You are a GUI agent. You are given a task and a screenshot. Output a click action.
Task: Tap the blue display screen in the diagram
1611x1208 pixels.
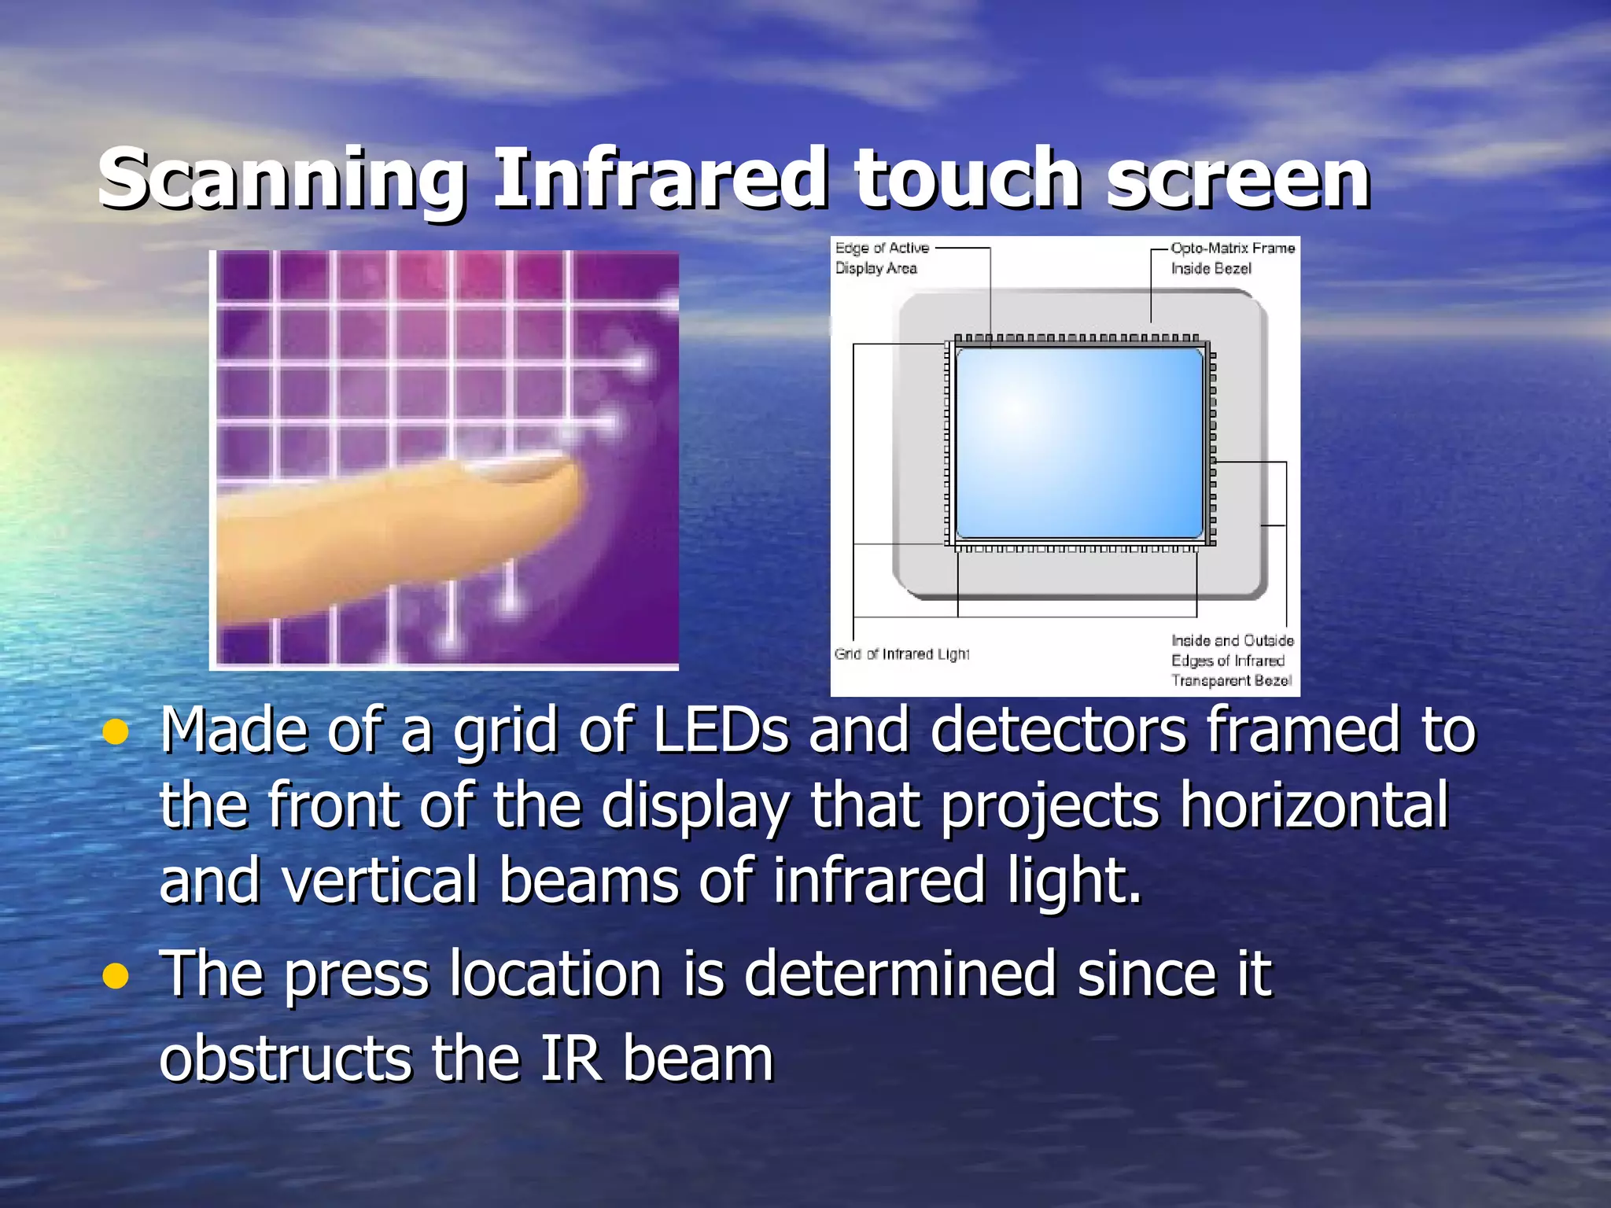click(x=1078, y=443)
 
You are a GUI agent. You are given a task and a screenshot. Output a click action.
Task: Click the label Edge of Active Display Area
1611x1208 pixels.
click(x=881, y=258)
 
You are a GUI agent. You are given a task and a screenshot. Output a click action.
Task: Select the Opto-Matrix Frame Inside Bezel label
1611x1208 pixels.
click(x=1232, y=258)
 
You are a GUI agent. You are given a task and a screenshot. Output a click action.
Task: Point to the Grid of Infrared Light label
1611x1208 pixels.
click(x=901, y=654)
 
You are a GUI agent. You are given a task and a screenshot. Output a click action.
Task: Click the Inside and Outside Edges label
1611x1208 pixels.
click(x=1232, y=661)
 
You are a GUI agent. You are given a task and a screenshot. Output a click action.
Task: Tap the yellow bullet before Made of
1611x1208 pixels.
click(x=116, y=732)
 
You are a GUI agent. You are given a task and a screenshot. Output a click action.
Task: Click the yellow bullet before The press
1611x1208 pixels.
click(x=116, y=976)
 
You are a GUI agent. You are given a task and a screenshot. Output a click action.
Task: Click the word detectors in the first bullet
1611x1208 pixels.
click(x=1057, y=731)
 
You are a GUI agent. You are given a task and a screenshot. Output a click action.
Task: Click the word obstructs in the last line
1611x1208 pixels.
click(x=285, y=1059)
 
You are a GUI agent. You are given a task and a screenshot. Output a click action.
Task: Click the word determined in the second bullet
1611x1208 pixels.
click(x=899, y=974)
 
